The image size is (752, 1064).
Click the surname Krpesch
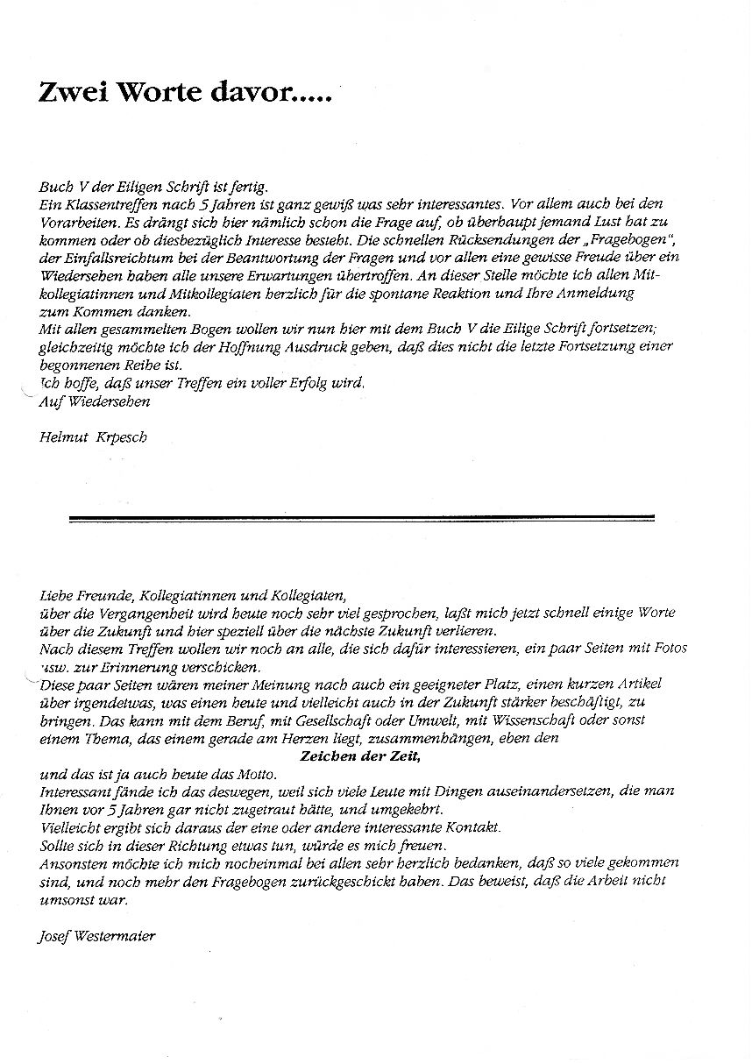point(120,438)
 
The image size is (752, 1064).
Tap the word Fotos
point(669,648)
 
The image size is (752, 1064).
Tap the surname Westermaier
point(113,936)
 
